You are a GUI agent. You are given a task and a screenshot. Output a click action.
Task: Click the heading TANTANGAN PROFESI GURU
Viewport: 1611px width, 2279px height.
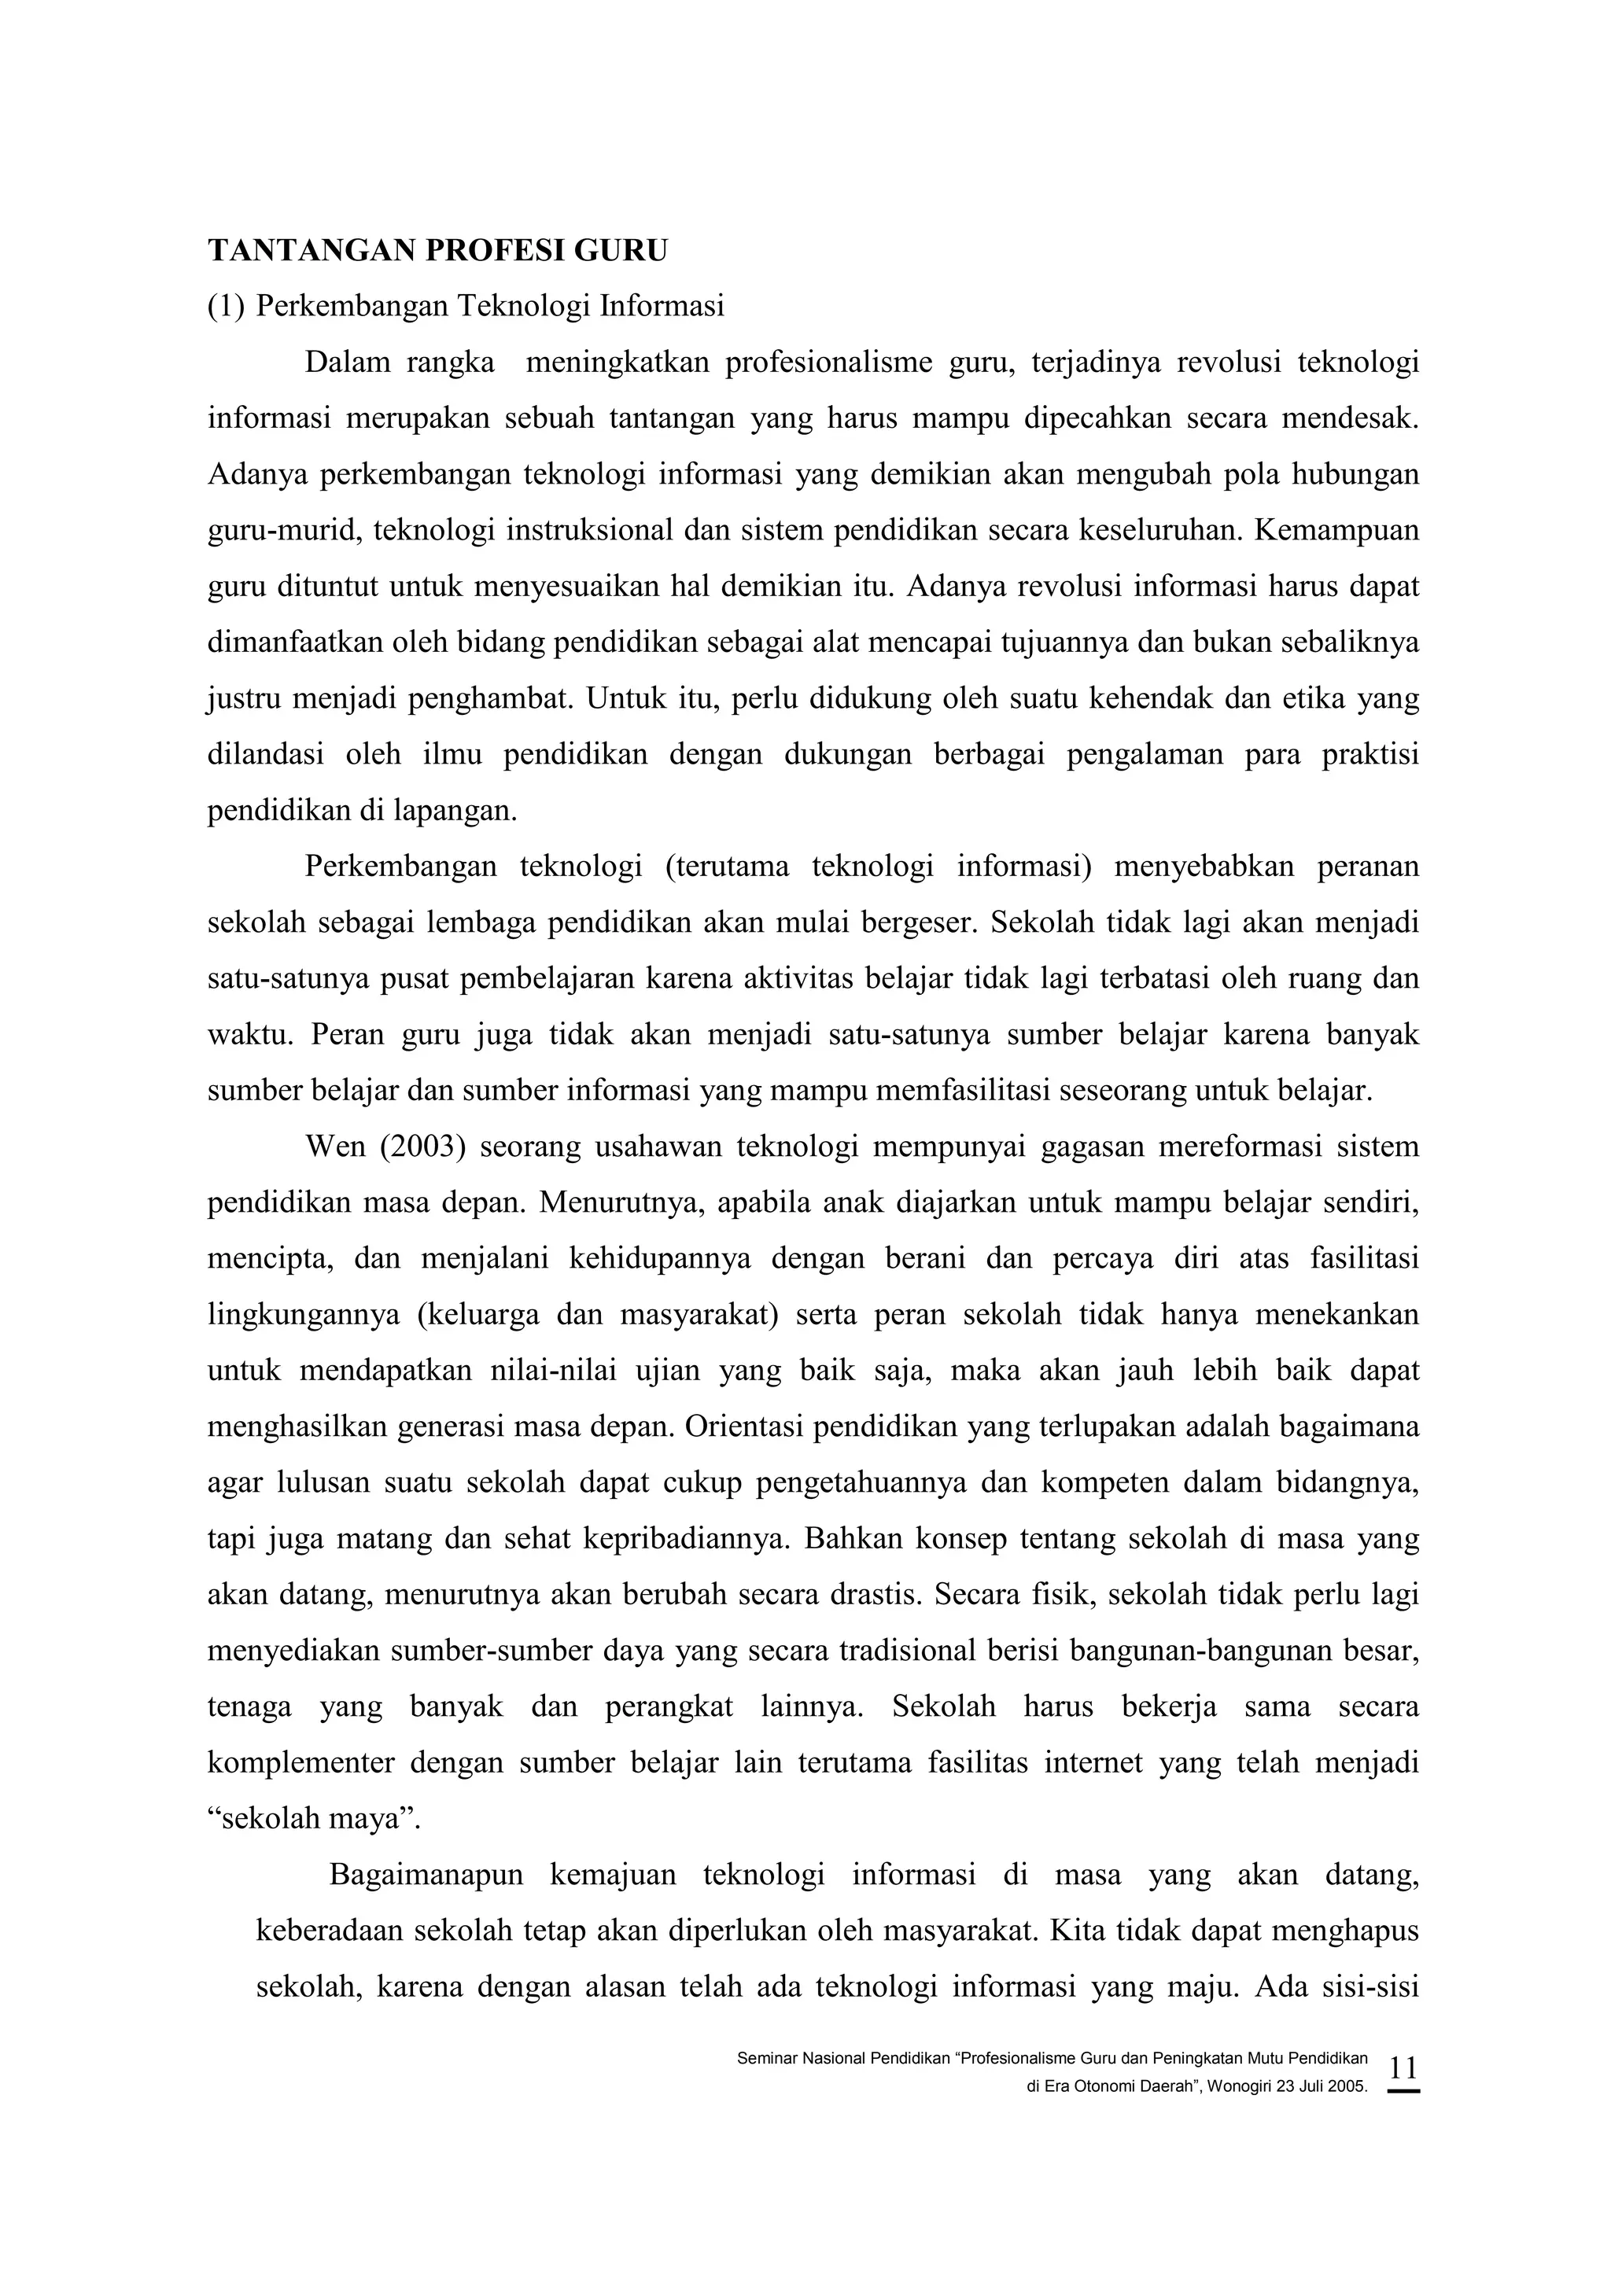437,251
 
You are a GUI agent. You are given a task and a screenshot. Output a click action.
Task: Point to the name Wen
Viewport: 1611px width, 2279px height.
336,1147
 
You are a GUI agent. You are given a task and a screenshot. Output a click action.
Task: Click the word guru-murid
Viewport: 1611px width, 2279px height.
274,530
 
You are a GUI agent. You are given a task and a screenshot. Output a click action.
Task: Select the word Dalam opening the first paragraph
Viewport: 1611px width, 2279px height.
348,363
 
